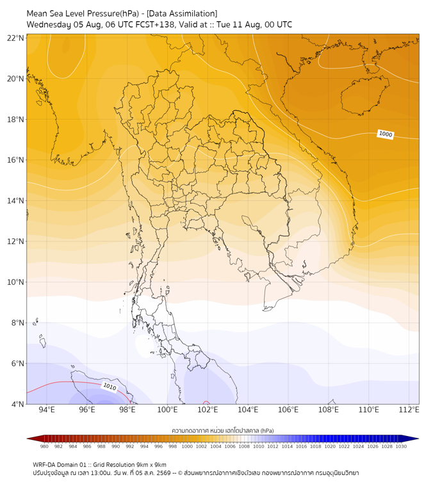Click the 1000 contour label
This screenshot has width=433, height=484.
386,134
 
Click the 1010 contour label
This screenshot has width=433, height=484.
110,387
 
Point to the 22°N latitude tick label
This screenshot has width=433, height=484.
15,38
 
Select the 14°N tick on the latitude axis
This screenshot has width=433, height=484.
15,200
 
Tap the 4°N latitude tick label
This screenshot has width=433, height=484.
17,404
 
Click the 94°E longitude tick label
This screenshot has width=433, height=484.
47,410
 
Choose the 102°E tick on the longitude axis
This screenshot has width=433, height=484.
208,410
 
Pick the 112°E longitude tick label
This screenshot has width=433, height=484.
409,410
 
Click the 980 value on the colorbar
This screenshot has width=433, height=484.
44,446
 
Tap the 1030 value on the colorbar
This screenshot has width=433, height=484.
401,446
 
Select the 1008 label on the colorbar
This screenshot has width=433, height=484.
244,446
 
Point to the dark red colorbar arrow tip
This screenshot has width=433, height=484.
28,439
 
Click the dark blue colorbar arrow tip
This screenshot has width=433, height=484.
418,439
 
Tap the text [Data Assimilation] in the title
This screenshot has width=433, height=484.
182,14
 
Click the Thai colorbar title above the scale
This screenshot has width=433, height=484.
223,430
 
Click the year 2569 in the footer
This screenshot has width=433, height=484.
164,473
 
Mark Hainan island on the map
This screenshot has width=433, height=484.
364,95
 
